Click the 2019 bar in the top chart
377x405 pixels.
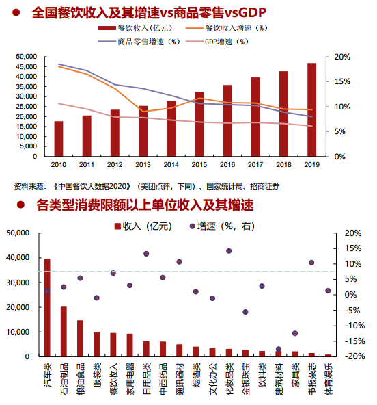coord(311,109)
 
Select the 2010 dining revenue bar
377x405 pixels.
coord(59,139)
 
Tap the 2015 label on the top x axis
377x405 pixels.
coord(199,164)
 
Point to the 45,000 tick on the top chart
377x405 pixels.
coord(27,66)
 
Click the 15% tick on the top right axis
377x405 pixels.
coord(342,81)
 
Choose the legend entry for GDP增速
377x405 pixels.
coord(217,42)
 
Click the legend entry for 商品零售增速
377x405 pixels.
coord(139,42)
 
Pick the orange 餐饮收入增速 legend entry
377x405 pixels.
coord(227,28)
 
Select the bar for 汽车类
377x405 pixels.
coord(47,308)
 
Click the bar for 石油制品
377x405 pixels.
coord(64,332)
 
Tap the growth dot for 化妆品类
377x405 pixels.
coord(229,251)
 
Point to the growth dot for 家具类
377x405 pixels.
coord(295,333)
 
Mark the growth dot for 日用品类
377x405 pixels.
coord(146,254)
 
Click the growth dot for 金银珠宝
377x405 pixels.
coord(245,312)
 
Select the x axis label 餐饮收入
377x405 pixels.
coord(113,378)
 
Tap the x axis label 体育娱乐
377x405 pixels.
coord(329,378)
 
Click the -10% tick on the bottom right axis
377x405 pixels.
coord(355,326)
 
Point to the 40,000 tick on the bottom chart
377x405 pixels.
coord(18,257)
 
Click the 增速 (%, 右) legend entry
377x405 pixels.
coord(222,226)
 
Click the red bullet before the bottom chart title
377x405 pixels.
coord(20,205)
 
